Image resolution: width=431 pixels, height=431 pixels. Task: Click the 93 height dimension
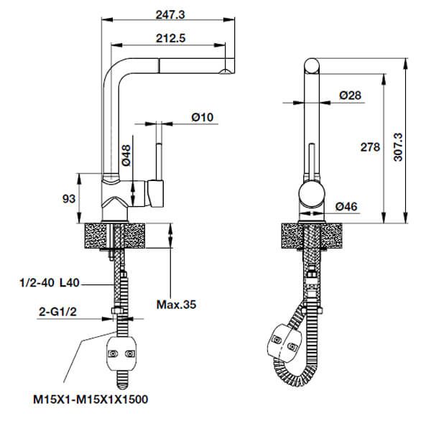(69, 199)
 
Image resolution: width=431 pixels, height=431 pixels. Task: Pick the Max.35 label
(177, 305)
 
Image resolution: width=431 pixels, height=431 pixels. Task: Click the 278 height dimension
(369, 147)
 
